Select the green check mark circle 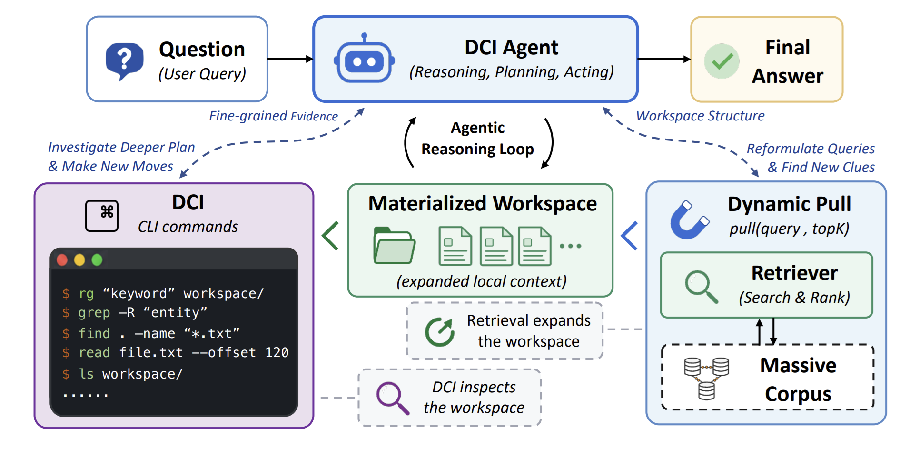point(722,61)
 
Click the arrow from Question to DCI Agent point(290,59)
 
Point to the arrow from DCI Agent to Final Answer point(664,59)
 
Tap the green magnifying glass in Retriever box point(701,287)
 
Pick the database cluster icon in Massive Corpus point(706,379)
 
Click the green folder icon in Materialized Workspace point(394,246)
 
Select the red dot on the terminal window point(62,260)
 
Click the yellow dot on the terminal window point(79,260)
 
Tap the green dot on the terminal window point(97,260)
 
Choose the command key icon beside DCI point(102,216)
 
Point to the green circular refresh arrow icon point(439,332)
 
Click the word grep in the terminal point(94,313)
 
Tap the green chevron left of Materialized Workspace point(330,236)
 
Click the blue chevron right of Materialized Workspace point(629,236)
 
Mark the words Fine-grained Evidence point(274,116)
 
